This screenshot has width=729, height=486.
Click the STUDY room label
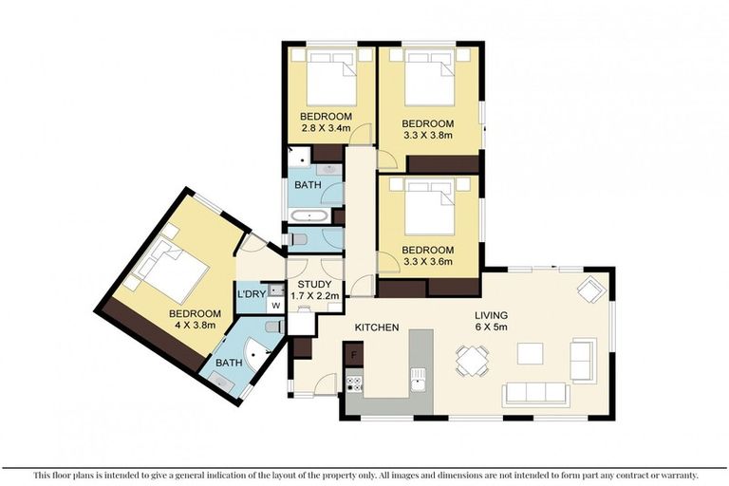coord(315,284)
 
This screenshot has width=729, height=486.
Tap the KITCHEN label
coord(377,327)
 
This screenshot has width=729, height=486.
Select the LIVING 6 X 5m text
coord(491,321)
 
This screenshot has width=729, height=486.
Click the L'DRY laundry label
coord(251,294)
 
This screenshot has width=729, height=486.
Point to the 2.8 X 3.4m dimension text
coord(326,128)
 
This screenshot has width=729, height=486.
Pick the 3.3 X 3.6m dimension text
coord(428,261)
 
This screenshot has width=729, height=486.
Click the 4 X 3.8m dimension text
coord(195,325)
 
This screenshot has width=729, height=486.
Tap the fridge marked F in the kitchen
coord(353,354)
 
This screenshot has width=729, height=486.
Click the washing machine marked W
coord(275,306)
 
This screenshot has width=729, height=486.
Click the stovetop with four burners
coord(354,383)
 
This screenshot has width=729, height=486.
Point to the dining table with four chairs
coord(473,360)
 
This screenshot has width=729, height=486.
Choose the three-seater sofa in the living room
coord(535,393)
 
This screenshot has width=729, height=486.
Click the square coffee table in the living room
coord(530,353)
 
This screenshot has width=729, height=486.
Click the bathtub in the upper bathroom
coord(309,216)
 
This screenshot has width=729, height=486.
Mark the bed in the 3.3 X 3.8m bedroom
coord(428,78)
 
